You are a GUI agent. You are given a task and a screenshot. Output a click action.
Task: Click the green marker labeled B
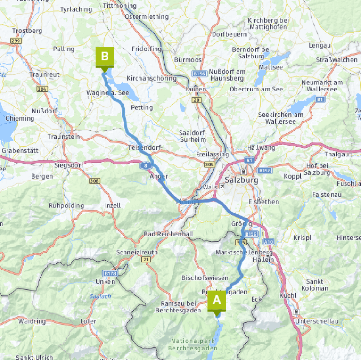coord(104,56)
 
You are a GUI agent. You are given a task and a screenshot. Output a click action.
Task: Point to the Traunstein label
coord(63,137)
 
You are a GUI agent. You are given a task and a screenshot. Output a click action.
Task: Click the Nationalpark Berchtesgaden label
coord(192,345)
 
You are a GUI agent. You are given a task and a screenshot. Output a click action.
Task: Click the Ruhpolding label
coord(66,206)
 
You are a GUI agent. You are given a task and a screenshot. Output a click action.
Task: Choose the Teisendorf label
coord(144,148)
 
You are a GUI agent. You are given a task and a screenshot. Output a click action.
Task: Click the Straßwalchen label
coord(336,60)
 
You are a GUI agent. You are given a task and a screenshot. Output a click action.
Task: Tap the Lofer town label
coord(88,321)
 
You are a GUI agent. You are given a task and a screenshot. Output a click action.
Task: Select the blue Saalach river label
coord(100,296)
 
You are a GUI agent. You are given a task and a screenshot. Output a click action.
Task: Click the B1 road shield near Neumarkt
coord(320,99)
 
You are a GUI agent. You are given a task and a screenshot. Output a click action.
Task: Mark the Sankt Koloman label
coord(315,285)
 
